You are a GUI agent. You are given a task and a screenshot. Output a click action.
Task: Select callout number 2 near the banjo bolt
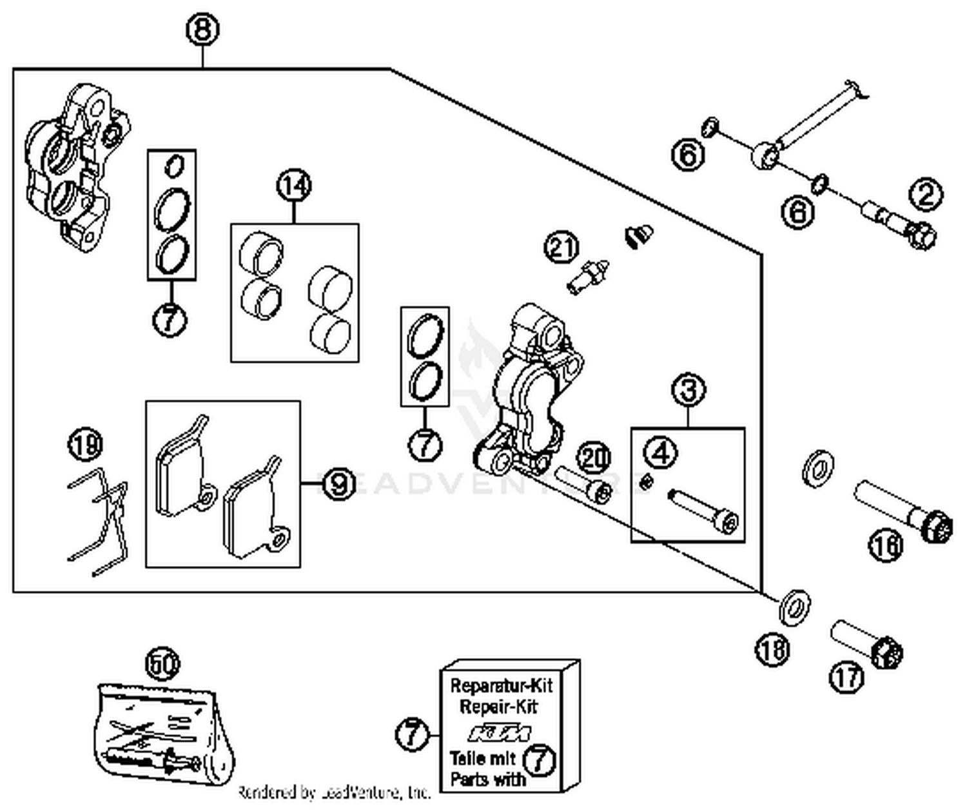coord(926,194)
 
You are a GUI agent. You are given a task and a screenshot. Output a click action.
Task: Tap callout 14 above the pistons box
coord(294,186)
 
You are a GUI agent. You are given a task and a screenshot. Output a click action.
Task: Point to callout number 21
coord(562,248)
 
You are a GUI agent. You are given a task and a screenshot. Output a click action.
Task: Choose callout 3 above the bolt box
coord(689,391)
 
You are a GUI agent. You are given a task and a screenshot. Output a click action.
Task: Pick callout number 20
coord(593,458)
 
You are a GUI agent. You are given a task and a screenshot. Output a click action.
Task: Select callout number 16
coord(886,546)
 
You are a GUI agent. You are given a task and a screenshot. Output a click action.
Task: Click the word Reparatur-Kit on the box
coord(501,685)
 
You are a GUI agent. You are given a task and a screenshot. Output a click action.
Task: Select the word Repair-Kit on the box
coord(498,707)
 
